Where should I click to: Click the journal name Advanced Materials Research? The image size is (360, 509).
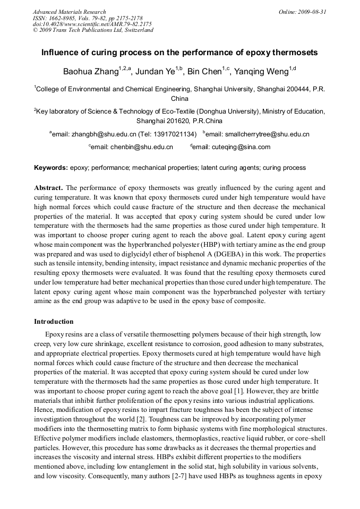click(x=69, y=12)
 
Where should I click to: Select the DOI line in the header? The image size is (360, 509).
click(x=92, y=24)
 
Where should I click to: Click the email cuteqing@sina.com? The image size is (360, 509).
click(x=241, y=147)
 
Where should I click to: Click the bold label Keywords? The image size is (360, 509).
click(x=51, y=168)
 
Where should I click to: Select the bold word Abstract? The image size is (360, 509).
click(x=48, y=188)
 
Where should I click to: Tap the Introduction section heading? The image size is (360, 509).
click(x=54, y=322)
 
